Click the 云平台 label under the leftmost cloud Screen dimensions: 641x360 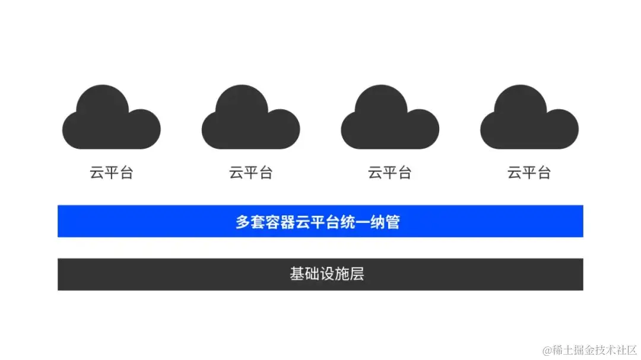[x=111, y=173]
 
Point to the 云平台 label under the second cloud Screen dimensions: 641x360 [x=250, y=173]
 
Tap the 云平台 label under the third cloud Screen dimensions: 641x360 [x=390, y=173]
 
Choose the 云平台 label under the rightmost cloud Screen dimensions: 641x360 [x=529, y=173]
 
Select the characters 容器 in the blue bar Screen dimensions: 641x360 [x=280, y=222]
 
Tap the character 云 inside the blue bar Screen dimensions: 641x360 [x=303, y=222]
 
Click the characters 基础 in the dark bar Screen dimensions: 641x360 [x=304, y=274]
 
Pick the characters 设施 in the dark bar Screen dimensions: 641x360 [x=334, y=274]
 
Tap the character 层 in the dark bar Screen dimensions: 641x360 [x=357, y=274]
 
